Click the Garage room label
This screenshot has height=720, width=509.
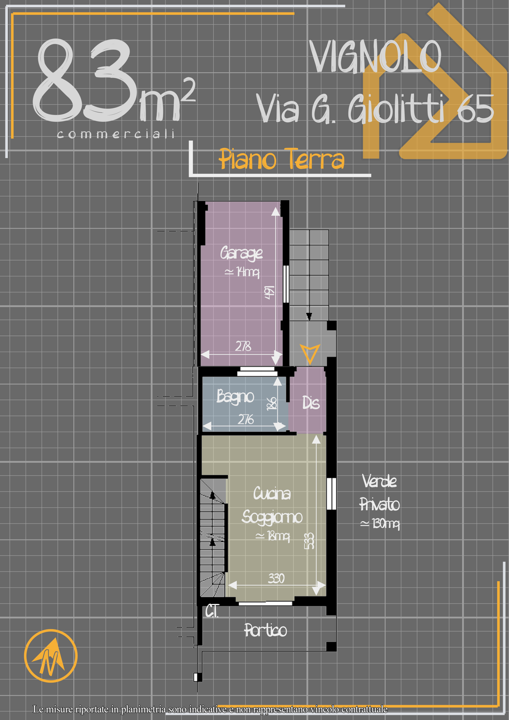point(241,253)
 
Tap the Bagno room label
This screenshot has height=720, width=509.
point(235,397)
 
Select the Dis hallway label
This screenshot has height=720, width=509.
point(311,403)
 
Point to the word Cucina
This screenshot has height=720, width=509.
point(272,493)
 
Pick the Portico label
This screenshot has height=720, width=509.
point(265,630)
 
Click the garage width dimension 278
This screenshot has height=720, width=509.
point(243,346)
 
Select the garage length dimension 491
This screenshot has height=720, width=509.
point(269,292)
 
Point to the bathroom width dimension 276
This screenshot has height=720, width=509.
point(246,419)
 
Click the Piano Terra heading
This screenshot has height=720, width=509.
point(281,159)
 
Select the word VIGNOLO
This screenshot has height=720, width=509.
point(375,57)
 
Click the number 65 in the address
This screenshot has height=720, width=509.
point(475,109)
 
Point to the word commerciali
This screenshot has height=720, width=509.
point(116,134)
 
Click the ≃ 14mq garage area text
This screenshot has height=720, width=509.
point(242,272)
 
